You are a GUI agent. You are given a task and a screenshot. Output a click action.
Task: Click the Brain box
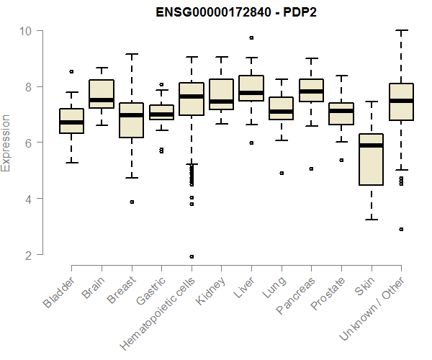tap(102, 94)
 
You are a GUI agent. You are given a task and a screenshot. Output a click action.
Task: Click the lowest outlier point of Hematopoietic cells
tap(191, 256)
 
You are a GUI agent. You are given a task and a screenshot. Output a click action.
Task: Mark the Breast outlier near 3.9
tap(131, 202)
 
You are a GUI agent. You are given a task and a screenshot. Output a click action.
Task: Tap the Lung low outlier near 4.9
tap(281, 173)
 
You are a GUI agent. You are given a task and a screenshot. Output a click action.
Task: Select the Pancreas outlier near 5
tap(311, 168)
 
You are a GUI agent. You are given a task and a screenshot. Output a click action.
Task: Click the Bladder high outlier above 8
tap(71, 71)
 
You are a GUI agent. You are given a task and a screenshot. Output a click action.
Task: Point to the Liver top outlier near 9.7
tap(251, 37)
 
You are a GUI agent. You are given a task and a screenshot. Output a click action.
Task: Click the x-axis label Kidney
tap(214, 292)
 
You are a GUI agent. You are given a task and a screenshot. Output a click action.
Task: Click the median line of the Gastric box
tap(161, 114)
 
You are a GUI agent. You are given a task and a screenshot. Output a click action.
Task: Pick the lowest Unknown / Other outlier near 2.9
tap(401, 229)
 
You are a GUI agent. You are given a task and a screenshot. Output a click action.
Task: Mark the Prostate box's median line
tap(341, 111)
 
